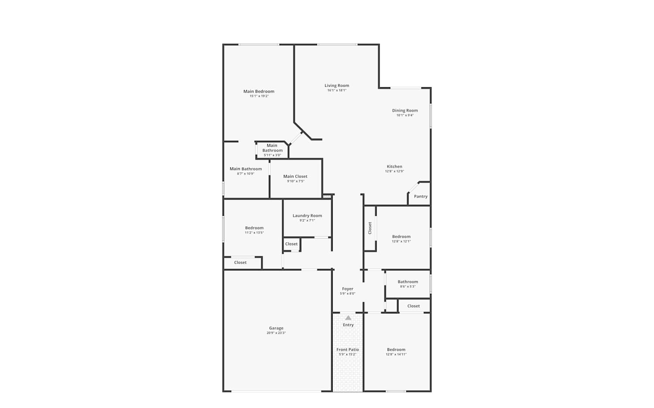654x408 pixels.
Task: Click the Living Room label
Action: [337, 85]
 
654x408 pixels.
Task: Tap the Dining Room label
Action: [405, 110]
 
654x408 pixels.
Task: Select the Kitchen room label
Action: [394, 167]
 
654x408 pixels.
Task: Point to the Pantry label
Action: [420, 197]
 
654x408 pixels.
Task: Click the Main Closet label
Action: [295, 176]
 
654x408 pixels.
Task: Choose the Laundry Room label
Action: [307, 216]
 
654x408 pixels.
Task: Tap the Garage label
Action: [276, 328]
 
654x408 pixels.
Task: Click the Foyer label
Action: [347, 289]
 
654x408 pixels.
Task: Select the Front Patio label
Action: [347, 349]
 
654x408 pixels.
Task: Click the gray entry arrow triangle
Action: [348, 318]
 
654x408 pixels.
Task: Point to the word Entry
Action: [348, 325]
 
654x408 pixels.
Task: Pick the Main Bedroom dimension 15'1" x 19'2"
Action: [259, 96]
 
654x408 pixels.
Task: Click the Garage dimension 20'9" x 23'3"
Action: [276, 333]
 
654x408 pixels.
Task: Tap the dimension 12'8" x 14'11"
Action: [396, 354]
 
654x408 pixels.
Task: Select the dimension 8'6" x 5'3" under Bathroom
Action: [408, 286]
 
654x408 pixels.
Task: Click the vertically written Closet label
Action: [370, 228]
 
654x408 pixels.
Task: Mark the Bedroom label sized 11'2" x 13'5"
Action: [254, 228]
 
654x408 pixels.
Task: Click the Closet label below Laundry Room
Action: [291, 244]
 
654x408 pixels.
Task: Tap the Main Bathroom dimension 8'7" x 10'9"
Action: [245, 173]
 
